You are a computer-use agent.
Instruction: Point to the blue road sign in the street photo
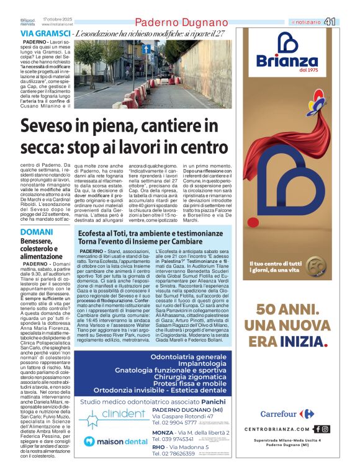(146, 48)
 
